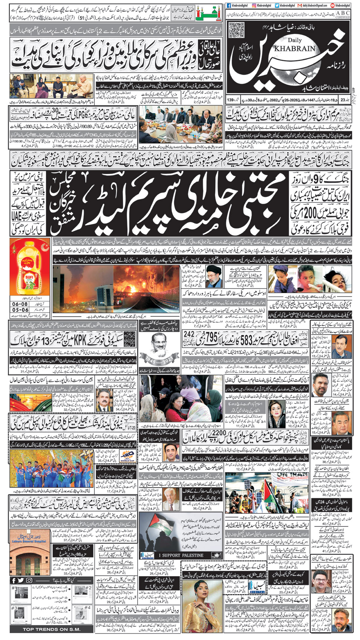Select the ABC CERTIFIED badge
pyautogui.click(x=342, y=14)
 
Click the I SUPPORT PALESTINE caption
pyautogui.click(x=181, y=555)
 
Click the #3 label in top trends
pyautogui.click(x=14, y=608)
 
